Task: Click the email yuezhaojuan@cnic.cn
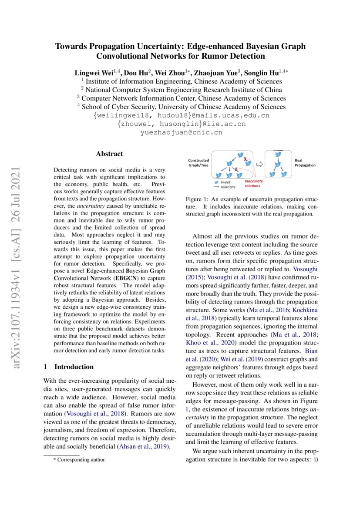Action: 181,132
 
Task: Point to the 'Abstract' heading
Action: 109,154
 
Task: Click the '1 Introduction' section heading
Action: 69,367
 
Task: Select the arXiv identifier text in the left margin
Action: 17,254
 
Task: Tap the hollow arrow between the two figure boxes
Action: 259,165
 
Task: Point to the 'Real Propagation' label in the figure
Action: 305,162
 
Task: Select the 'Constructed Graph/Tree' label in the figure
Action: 198,162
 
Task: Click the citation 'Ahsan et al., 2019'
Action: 146,447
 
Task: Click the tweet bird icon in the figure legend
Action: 216,182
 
